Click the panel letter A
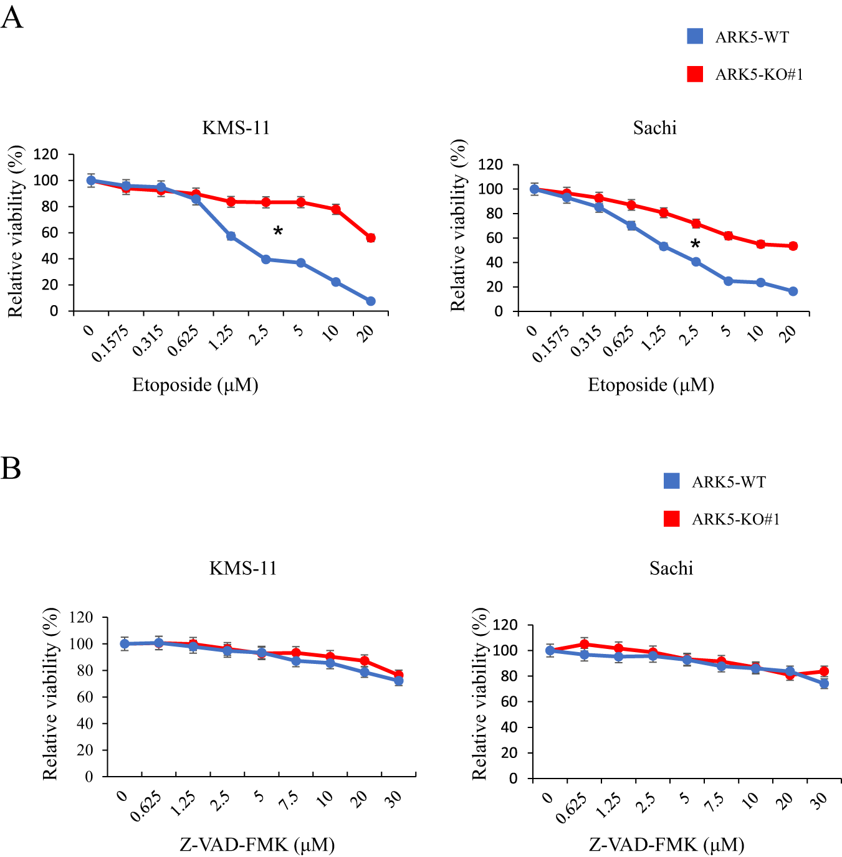click(12, 17)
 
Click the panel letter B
click(11, 468)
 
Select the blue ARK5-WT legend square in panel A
click(695, 36)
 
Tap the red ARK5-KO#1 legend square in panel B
click(672, 518)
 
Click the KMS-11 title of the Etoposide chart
click(236, 128)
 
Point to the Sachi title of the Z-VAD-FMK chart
click(671, 568)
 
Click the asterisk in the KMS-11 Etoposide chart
click(278, 232)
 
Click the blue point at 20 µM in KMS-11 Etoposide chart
click(371, 301)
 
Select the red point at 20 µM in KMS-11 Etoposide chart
click(371, 238)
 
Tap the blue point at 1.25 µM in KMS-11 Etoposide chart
click(231, 236)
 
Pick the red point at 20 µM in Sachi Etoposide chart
click(793, 246)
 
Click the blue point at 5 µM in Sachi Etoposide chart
click(728, 281)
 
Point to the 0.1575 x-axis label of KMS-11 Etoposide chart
click(111, 343)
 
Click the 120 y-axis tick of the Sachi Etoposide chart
click(490, 164)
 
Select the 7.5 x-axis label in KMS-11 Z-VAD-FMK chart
click(288, 800)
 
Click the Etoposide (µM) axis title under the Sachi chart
click(651, 385)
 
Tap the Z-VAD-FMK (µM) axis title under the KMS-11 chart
click(257, 845)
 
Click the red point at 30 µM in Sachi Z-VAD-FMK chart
click(824, 671)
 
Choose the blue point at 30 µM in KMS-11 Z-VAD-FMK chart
click(398, 681)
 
